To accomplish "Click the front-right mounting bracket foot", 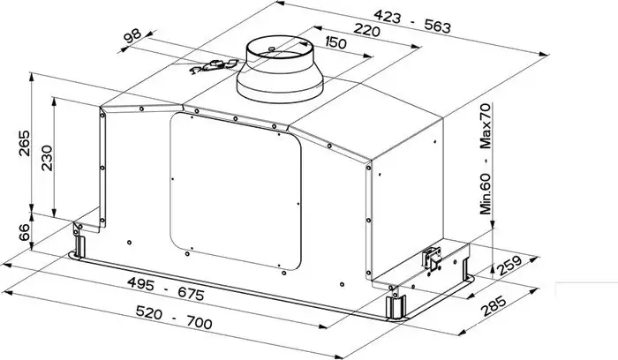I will click(395, 305).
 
